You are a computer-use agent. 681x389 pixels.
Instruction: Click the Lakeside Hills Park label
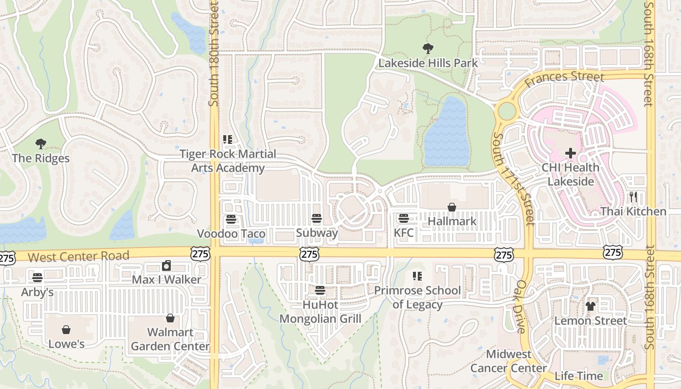point(428,63)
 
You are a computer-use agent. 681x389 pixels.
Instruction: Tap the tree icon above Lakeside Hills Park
point(428,48)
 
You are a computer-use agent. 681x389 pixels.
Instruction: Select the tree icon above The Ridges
point(41,143)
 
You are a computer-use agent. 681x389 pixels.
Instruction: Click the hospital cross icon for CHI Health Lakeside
point(571,153)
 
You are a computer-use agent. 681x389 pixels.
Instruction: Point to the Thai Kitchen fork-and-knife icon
point(633,197)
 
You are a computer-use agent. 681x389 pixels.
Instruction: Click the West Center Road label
point(79,256)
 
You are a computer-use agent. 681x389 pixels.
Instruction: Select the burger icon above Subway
point(317,219)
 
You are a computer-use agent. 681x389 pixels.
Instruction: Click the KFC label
point(404,233)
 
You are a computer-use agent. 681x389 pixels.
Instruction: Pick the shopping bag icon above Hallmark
point(452,207)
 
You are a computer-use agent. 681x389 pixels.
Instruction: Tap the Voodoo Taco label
point(231,234)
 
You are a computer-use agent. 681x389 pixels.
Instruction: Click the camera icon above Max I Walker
point(166,265)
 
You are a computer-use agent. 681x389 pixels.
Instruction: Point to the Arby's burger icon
point(37,278)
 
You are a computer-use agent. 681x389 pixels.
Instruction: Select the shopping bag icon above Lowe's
point(66,330)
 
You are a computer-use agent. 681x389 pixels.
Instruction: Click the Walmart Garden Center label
point(170,339)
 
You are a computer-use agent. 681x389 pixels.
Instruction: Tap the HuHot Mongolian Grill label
point(320,312)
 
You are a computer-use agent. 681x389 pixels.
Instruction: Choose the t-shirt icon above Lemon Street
point(591,306)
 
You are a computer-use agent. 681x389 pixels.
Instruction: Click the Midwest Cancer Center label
point(508,361)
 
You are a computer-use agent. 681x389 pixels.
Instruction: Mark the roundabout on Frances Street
point(507,111)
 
